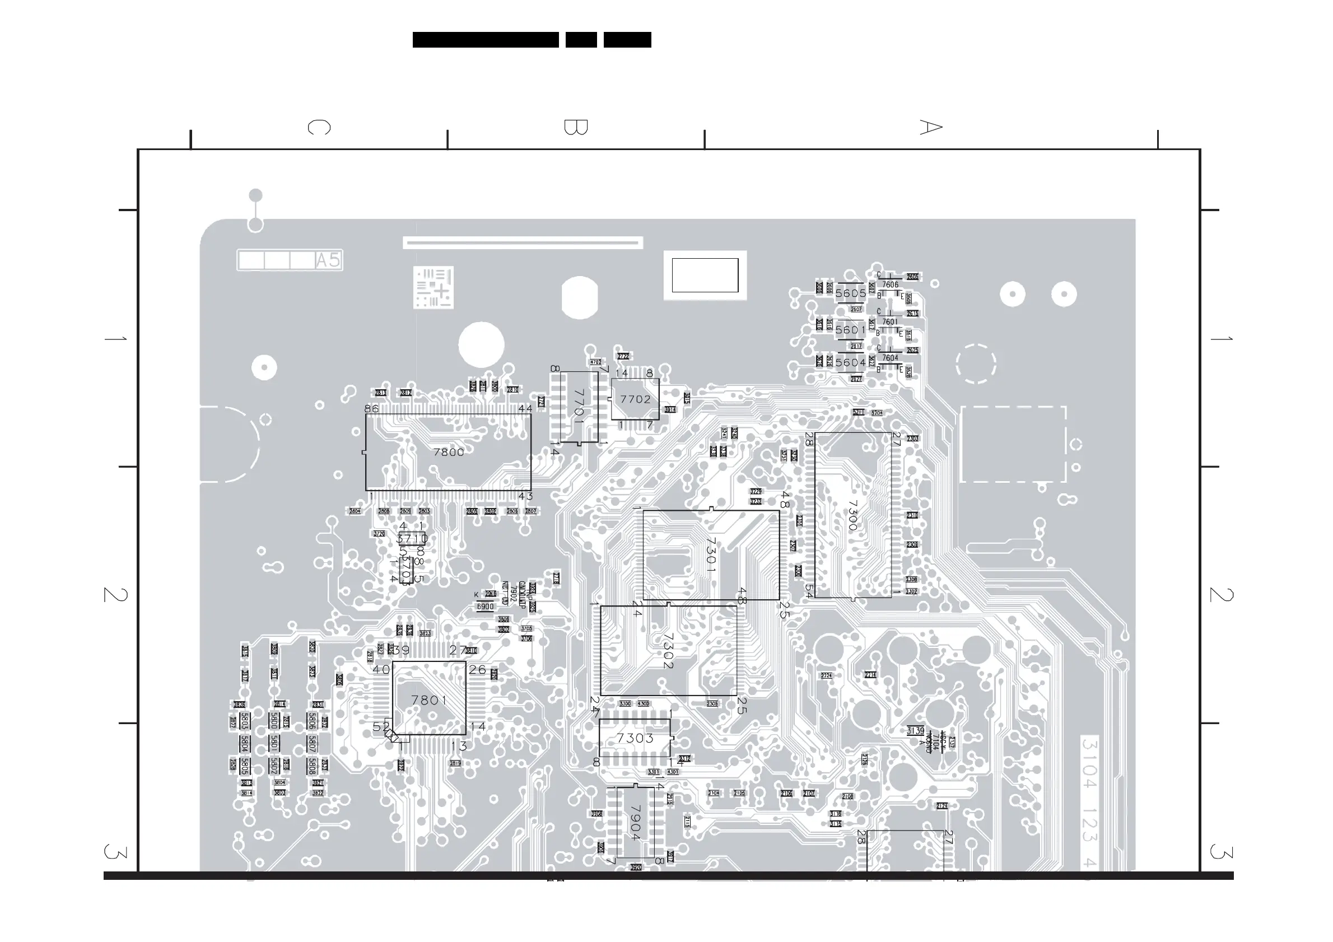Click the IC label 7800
tap(448, 452)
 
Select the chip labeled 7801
tap(429, 701)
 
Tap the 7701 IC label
tap(579, 405)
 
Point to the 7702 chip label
tap(635, 399)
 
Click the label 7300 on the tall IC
tap(852, 516)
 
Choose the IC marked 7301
tap(711, 555)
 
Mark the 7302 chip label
tap(668, 651)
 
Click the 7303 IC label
tap(635, 738)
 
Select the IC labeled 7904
tap(635, 823)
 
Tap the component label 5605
tap(851, 293)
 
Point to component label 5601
tap(851, 330)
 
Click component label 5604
tap(851, 363)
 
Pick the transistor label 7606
tap(890, 285)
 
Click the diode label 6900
tap(485, 607)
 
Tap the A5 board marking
tap(328, 260)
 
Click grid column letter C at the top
tap(319, 127)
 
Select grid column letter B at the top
tap(576, 127)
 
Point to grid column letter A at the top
tap(931, 127)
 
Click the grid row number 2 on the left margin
tap(115, 594)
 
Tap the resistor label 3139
tap(915, 731)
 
